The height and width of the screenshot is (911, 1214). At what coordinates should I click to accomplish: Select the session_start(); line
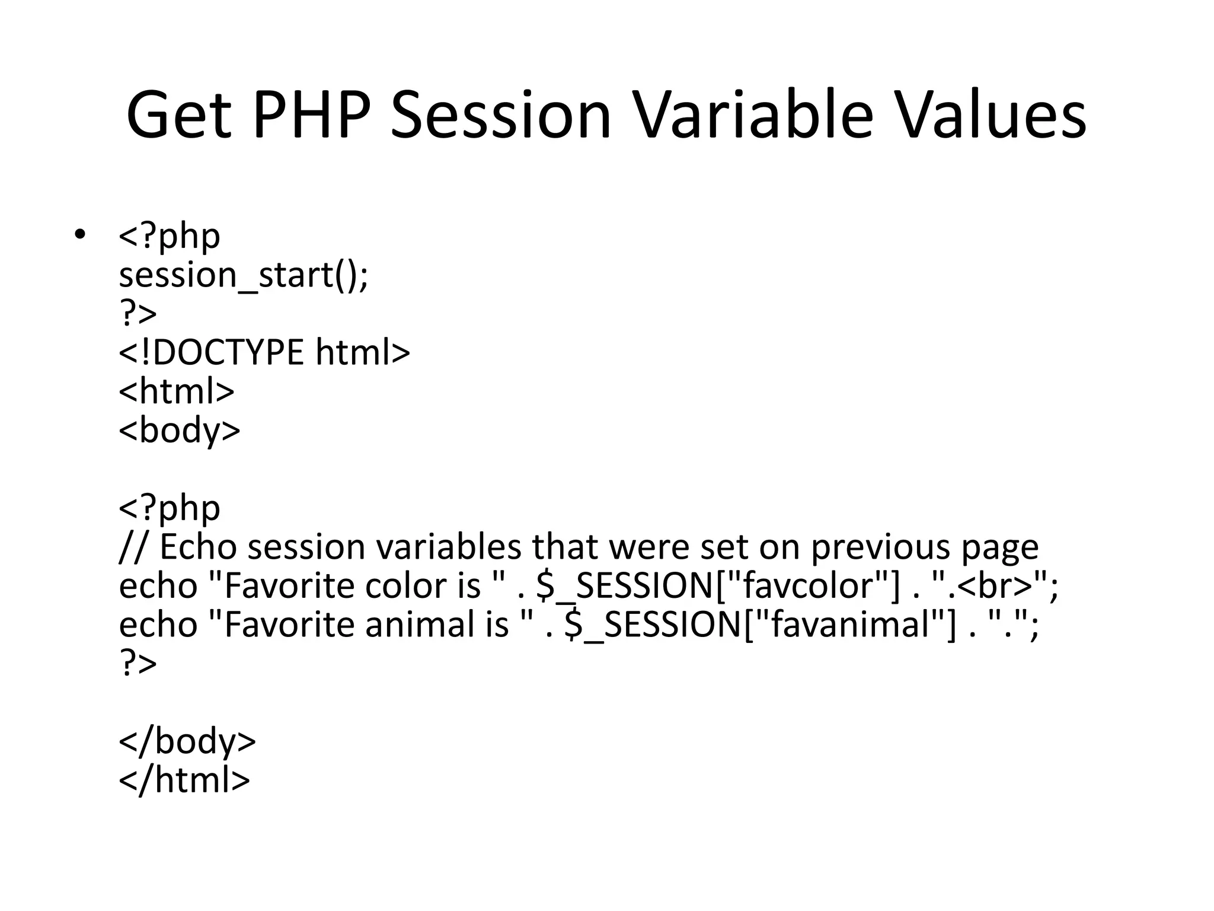pyautogui.click(x=243, y=275)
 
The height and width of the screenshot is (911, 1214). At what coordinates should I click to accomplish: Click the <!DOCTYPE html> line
pyautogui.click(x=264, y=352)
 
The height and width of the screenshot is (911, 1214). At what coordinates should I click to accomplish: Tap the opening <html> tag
pyautogui.click(x=177, y=391)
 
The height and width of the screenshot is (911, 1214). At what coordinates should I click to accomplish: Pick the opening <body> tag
pyautogui.click(x=180, y=430)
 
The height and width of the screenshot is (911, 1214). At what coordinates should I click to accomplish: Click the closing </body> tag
pyautogui.click(x=187, y=741)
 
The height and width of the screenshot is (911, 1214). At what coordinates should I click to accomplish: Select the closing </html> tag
pyautogui.click(x=184, y=780)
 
